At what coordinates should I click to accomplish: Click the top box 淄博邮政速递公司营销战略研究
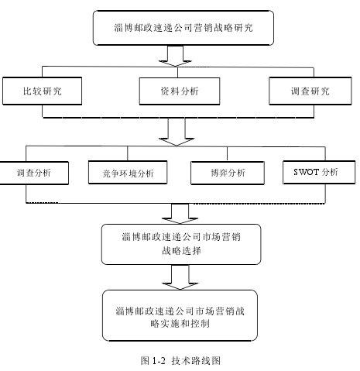point(183,28)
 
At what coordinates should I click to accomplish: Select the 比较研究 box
point(43,91)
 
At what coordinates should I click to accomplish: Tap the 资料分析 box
point(180,91)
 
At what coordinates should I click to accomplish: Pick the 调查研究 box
point(310,91)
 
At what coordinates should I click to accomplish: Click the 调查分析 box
point(34,173)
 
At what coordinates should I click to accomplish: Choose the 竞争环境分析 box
point(128,173)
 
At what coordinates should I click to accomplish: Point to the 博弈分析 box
point(228,173)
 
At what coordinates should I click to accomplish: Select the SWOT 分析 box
point(319,172)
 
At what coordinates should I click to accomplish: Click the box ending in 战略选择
point(181,244)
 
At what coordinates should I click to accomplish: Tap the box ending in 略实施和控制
point(180,315)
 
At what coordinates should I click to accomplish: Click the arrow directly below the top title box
point(176,56)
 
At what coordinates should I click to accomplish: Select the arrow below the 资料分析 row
point(177,132)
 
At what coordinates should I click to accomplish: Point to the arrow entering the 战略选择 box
point(180,214)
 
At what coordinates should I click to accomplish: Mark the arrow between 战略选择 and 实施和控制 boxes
point(180,277)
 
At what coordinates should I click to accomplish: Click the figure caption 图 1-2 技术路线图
point(180,360)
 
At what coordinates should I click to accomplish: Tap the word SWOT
point(307,172)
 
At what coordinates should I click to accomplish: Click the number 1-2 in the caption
point(159,361)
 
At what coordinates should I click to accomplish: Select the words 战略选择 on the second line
point(181,251)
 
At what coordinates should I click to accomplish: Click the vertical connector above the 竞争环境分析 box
point(128,153)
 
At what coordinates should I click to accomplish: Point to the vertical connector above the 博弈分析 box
point(227,154)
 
